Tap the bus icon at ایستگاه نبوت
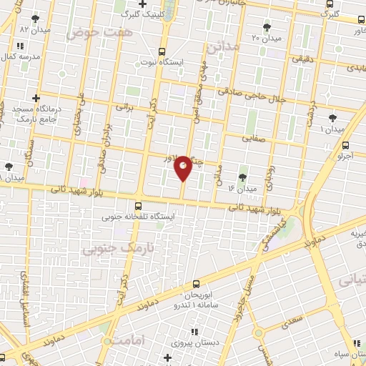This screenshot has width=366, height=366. pyautogui.click(x=162, y=51)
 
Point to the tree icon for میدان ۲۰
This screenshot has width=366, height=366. pyautogui.click(x=267, y=27)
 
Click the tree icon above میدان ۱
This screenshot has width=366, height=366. pyautogui.click(x=332, y=118)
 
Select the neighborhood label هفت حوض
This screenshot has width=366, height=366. pyautogui.click(x=91, y=33)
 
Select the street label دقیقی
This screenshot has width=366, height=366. pyautogui.click(x=302, y=61)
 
